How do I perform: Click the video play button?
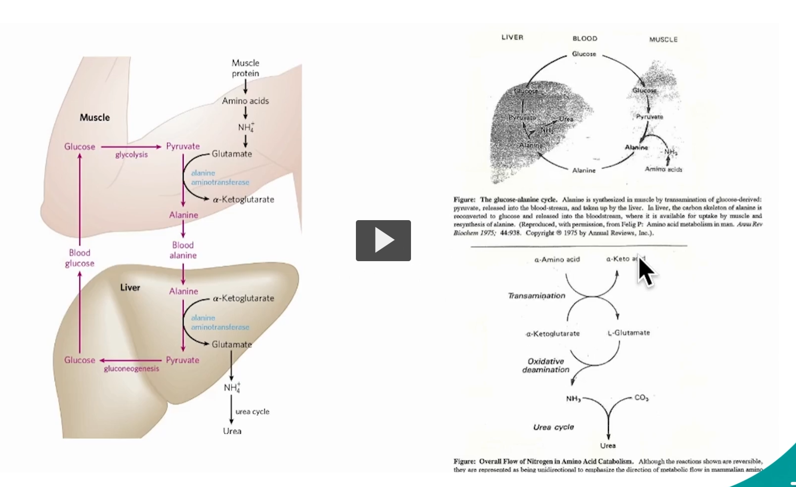pyautogui.click(x=383, y=240)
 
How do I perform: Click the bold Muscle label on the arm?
pyautogui.click(x=95, y=117)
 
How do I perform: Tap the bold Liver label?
pyautogui.click(x=130, y=287)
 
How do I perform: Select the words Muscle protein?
pyautogui.click(x=245, y=68)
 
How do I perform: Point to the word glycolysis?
pyautogui.click(x=131, y=155)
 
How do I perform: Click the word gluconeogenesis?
pyautogui.click(x=131, y=369)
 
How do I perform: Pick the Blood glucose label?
pyautogui.click(x=79, y=258)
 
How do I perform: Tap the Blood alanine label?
pyautogui.click(x=183, y=250)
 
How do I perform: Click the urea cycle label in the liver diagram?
pyautogui.click(x=253, y=411)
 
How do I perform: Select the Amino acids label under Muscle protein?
pyautogui.click(x=245, y=101)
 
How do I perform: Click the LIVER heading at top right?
pyautogui.click(x=512, y=37)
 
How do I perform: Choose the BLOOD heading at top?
pyautogui.click(x=585, y=38)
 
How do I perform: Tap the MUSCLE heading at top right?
pyautogui.click(x=663, y=39)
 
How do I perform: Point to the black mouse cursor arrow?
pyautogui.click(x=646, y=270)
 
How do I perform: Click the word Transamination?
pyautogui.click(x=536, y=295)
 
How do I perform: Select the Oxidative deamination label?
pyautogui.click(x=546, y=365)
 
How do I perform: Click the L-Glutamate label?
pyautogui.click(x=629, y=333)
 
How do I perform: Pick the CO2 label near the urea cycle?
pyautogui.click(x=641, y=398)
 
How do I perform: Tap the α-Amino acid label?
pyautogui.click(x=557, y=259)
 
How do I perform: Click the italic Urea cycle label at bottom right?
pyautogui.click(x=553, y=427)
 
